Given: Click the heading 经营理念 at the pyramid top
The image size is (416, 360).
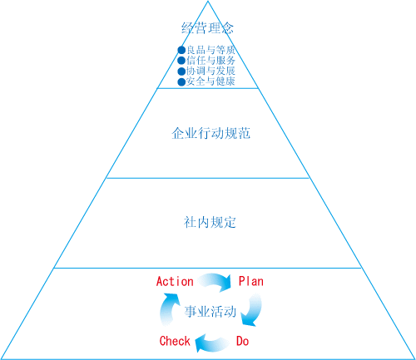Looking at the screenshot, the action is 208,28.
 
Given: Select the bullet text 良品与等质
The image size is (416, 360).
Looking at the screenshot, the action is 210,50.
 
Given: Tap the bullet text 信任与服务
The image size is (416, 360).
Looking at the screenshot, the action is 210,61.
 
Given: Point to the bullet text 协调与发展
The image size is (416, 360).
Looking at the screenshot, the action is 210,71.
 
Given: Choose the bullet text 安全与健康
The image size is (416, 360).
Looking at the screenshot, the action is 210,81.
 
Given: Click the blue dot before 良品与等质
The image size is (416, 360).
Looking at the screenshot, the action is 181,50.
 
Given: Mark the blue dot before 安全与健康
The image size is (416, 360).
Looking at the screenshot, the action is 181,82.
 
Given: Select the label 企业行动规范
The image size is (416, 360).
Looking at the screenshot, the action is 210,133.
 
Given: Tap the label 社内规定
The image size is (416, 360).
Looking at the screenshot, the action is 210,222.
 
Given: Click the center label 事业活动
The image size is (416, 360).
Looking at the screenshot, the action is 210,311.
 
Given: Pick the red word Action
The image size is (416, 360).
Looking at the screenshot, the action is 175,281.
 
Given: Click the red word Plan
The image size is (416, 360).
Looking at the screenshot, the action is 251,281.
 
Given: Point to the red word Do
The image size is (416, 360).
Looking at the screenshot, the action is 242,341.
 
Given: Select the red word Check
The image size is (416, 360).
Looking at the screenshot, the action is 175,341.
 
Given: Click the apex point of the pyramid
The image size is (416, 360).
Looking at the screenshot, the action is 208,1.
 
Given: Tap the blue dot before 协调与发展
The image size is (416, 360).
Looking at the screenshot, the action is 181,72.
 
